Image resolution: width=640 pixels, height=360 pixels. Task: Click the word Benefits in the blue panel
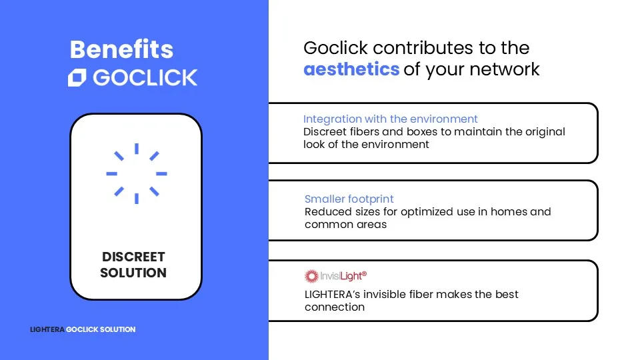[121, 49]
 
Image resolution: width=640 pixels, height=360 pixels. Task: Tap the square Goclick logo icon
[77, 77]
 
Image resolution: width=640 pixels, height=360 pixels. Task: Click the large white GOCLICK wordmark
[145, 77]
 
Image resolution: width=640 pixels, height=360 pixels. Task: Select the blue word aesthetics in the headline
[351, 69]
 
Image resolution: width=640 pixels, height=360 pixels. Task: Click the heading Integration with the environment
[390, 119]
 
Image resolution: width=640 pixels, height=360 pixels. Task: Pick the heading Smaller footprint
[349, 199]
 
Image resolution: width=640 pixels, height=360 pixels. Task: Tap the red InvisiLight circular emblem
[311, 276]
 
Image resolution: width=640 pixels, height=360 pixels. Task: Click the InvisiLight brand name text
[343, 276]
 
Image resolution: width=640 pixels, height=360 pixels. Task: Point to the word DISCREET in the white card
[133, 257]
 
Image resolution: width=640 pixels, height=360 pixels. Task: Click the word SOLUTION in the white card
[133, 273]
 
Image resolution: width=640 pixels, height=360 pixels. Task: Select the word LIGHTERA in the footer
[47, 329]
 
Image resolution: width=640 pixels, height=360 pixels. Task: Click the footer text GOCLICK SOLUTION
[101, 329]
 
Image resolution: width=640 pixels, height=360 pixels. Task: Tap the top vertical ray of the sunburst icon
[137, 149]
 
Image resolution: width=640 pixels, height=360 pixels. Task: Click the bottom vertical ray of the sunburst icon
[137, 199]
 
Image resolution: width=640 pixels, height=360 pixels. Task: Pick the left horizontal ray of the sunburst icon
[112, 173]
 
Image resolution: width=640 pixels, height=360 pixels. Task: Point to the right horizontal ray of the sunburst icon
[161, 173]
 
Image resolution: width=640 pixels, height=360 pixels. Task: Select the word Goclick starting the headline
[335, 48]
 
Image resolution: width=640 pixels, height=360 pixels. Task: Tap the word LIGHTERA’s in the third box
[332, 294]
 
